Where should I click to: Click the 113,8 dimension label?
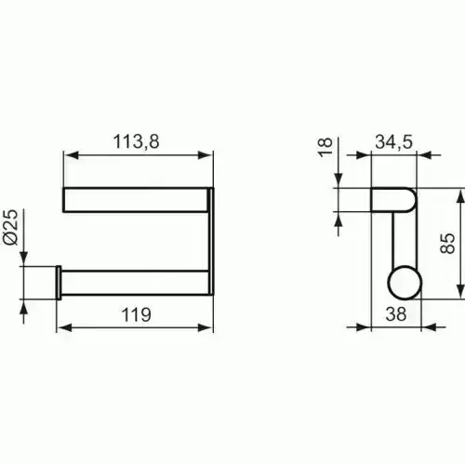tap(136, 141)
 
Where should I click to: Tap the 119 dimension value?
tap(137, 314)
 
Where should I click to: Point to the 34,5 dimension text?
tap(394, 142)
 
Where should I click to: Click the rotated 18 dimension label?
tap(325, 148)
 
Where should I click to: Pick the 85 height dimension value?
tap(447, 244)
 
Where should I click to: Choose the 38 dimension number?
tap(396, 313)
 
